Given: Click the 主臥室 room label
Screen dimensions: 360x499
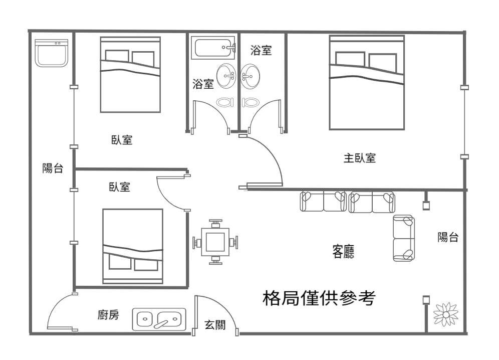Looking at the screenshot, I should tap(359, 158).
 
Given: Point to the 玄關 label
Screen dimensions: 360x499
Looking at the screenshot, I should tap(215, 325).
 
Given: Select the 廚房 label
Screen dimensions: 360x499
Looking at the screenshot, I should tap(108, 315).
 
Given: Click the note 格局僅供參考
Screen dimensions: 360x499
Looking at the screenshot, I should tap(319, 298).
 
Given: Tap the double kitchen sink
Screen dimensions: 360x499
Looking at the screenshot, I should tap(159, 319).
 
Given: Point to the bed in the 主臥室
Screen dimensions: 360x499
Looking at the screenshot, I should tap(367, 82).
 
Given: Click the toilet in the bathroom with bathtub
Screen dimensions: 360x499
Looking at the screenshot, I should tap(225, 102).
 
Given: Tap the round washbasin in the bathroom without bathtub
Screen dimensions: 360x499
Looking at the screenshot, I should tap(250, 76).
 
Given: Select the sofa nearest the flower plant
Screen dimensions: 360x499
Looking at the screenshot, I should tap(403, 238).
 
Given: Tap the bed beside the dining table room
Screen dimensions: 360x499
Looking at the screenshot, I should tap(133, 246).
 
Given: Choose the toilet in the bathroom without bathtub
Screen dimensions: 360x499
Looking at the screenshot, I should tap(251, 102).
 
